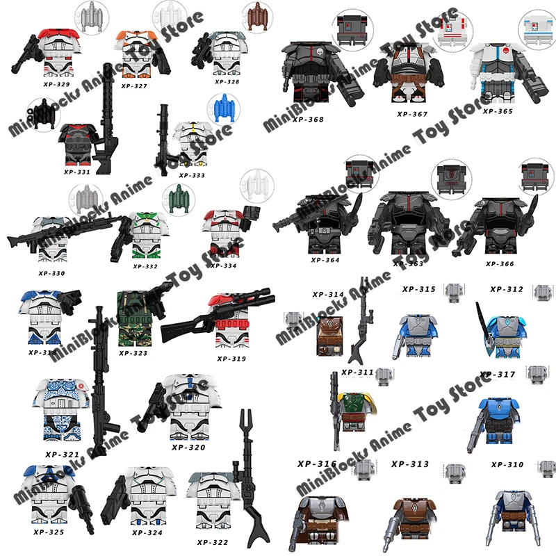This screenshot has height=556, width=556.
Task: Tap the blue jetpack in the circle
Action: tap(222, 111)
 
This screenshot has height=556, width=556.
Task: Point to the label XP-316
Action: tap(317, 464)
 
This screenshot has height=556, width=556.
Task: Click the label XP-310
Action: tap(507, 464)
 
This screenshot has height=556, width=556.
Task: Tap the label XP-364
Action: tap(325, 260)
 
